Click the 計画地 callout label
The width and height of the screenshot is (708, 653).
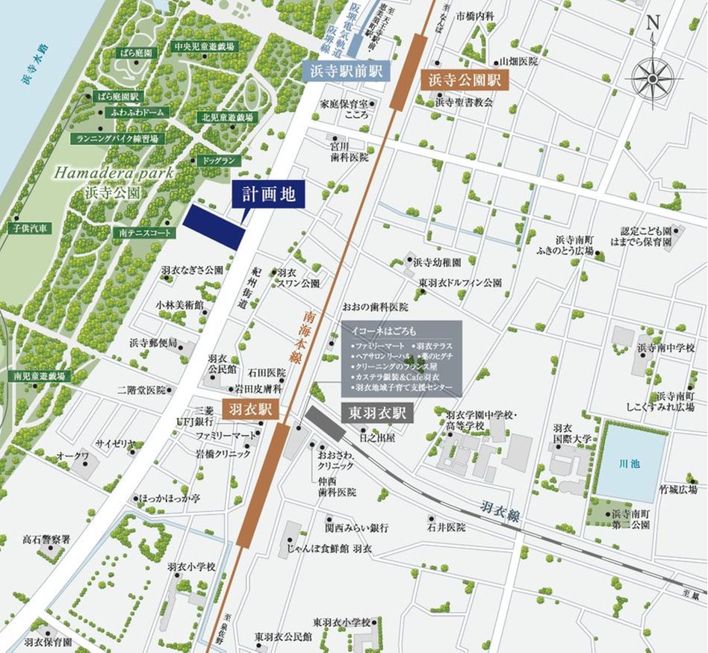pos(268,196)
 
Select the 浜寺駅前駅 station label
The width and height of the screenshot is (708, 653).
pos(342,72)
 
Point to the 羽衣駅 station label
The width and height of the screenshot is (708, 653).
pos(253,410)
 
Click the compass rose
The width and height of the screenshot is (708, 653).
pos(652,75)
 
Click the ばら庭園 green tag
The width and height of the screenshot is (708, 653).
pos(138,54)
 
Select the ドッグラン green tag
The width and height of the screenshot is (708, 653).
pos(218,160)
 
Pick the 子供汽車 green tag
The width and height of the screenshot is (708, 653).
pos(29,227)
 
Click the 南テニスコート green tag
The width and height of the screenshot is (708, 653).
pos(145,233)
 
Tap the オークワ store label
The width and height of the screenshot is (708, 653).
pos(72,455)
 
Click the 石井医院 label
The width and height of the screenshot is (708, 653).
pos(446,528)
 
